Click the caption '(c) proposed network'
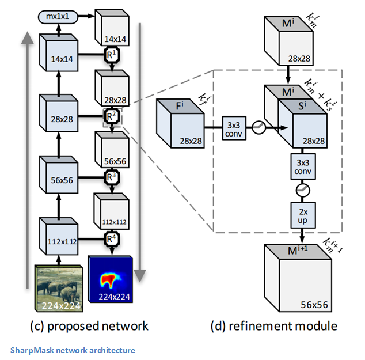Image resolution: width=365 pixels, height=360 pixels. [89, 327]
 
